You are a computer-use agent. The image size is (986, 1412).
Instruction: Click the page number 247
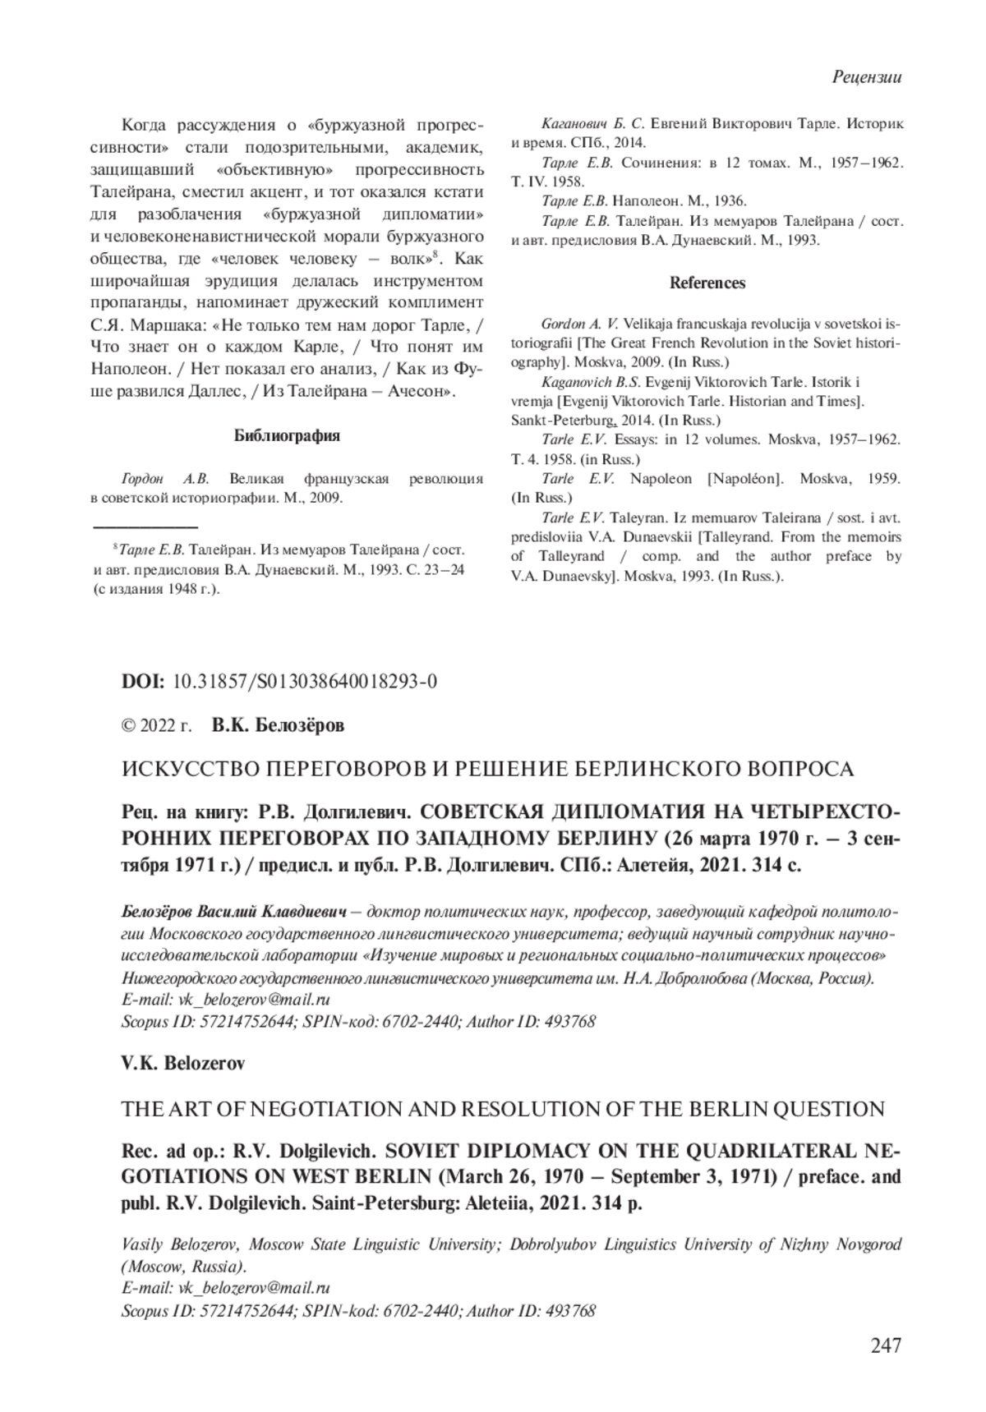[884, 1345]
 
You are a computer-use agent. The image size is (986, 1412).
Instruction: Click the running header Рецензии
[867, 78]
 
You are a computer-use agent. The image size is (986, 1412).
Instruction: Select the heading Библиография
[287, 436]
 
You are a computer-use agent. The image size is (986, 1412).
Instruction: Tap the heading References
[707, 283]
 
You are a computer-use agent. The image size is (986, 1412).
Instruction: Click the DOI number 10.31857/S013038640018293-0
[305, 683]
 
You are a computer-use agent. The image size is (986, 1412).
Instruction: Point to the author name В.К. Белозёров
[278, 725]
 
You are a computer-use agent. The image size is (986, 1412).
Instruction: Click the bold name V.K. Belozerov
[183, 1063]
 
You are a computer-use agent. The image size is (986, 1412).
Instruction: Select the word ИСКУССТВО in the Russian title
[177, 770]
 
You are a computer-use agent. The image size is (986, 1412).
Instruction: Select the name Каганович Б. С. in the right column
[592, 124]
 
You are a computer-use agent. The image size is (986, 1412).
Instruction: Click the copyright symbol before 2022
[128, 726]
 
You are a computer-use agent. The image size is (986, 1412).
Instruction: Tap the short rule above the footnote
[145, 525]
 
